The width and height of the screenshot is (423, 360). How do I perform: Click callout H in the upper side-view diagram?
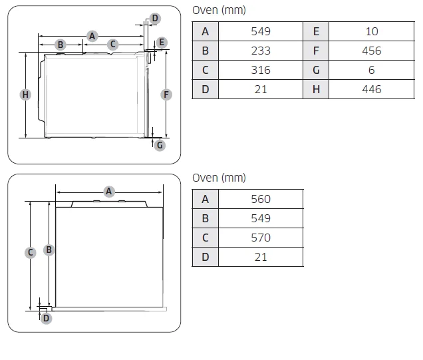pos(25,94)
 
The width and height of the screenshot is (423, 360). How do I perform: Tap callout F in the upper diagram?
pos(166,94)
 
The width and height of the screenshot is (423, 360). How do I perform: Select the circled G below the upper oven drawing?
pos(160,145)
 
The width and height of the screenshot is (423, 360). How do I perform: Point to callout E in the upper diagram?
pos(162,43)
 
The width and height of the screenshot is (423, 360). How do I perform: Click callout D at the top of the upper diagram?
pos(154,18)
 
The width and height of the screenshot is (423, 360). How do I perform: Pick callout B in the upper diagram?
pos(60,45)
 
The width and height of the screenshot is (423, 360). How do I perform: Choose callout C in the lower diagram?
pos(31,252)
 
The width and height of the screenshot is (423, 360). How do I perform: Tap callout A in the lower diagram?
pos(108,192)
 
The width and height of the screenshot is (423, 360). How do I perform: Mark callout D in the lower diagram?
pos(46,318)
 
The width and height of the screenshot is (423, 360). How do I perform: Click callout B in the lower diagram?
pos(49,250)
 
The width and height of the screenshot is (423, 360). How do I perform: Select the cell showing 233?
pos(261,51)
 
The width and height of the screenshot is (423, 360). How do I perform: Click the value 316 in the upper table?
pos(261,70)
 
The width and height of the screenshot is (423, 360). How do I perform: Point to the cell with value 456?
pos(371,51)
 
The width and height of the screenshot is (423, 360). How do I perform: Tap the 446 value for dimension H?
pos(371,89)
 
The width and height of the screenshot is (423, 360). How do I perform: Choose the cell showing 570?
pos(261,238)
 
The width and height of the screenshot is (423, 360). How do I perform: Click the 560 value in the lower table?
pos(261,199)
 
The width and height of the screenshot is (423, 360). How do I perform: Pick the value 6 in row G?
pos(371,70)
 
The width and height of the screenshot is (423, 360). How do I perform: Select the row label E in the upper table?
pos(316,31)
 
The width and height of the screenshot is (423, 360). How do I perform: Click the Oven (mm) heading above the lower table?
pos(219,178)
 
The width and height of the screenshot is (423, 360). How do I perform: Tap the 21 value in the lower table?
pos(261,257)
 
